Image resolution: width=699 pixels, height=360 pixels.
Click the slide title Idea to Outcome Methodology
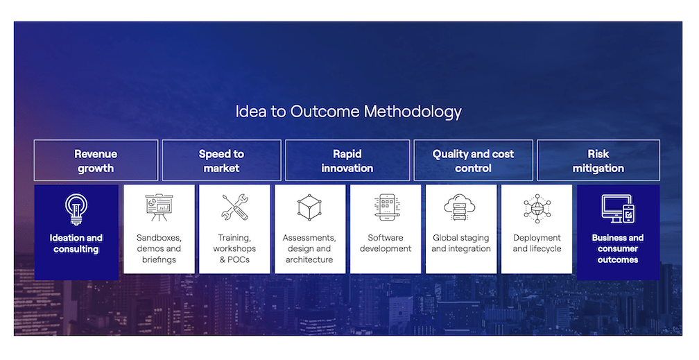[x=348, y=112]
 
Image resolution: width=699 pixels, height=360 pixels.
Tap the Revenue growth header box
[x=96, y=161]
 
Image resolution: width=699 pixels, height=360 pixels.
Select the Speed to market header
[x=221, y=161]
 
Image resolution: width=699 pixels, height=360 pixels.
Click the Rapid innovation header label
[x=347, y=161]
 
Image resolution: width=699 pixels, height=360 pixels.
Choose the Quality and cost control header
[x=473, y=161]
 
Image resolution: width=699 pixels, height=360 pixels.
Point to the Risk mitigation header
[x=598, y=161]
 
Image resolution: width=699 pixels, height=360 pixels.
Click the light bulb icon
[x=76, y=208]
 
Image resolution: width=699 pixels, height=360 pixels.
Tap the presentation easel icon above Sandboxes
[x=159, y=207]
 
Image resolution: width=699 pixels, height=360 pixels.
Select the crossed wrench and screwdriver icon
[x=235, y=207]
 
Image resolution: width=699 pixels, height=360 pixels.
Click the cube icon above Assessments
[x=309, y=207]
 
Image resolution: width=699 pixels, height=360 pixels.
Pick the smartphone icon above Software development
[x=387, y=207]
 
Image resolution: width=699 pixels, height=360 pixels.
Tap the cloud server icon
[x=460, y=207]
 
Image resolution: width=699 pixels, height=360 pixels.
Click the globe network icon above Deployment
[x=537, y=208]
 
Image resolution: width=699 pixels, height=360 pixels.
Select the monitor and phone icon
[x=618, y=208]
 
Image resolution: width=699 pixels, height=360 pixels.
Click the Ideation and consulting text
[x=76, y=243]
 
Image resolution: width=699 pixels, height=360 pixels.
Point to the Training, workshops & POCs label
[x=234, y=248]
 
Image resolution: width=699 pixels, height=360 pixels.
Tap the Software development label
[x=386, y=243]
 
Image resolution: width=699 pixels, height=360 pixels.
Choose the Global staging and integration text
[x=461, y=243]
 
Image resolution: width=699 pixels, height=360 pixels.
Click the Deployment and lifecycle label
[x=537, y=243]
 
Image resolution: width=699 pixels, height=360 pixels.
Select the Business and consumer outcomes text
[x=618, y=248]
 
